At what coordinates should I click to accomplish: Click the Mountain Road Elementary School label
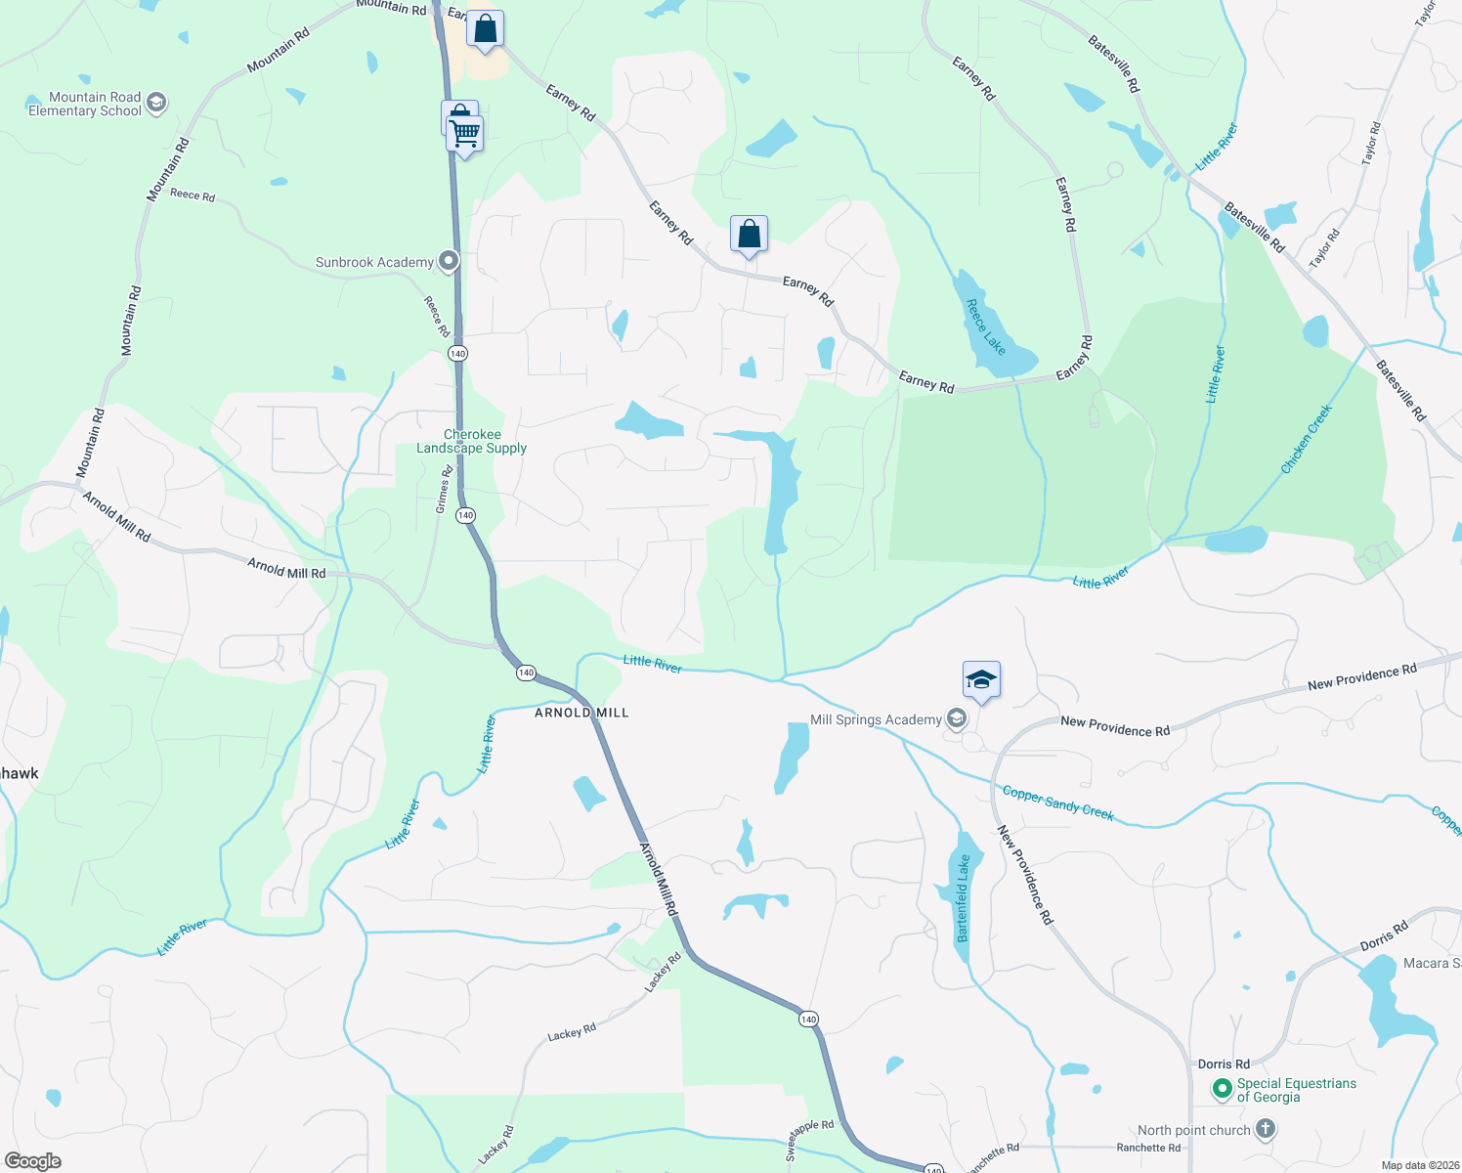pos(85,104)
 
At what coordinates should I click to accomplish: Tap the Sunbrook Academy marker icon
pos(449,261)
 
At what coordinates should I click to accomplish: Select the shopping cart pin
pos(465,134)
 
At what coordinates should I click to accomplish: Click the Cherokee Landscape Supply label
pos(472,441)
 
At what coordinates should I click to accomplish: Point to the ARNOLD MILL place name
pos(581,713)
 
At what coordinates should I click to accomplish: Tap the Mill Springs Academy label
pos(876,719)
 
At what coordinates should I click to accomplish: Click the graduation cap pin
pos(981,679)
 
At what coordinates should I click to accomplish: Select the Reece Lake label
pos(985,326)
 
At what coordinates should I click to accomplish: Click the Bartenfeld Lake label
pos(964,897)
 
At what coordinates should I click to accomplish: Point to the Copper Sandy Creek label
pos(1058,803)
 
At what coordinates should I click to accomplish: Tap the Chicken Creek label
pos(1307,439)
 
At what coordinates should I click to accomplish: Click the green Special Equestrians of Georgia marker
pos(1222,1088)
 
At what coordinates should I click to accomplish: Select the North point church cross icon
pos(1265,1130)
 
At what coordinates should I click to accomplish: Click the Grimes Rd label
pos(444,490)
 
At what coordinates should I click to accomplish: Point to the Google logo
pos(33,1160)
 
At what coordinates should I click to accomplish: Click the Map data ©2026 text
pos(1419,1165)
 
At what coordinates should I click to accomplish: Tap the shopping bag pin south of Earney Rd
pos(749,235)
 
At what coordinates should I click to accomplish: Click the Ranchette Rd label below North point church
pos(1148,1148)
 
